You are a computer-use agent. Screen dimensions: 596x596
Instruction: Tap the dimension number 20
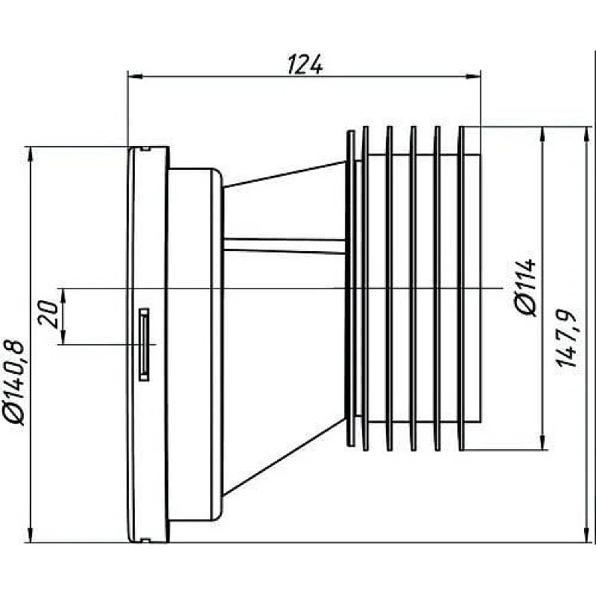pos(49,316)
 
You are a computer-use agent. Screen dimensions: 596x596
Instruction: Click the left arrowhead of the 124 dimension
pos(134,75)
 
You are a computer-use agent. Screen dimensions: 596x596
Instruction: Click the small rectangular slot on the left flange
pos(143,343)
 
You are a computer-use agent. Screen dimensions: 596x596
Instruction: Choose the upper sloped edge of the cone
pos(283,171)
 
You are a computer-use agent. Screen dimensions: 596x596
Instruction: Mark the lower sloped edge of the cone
pos(283,457)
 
